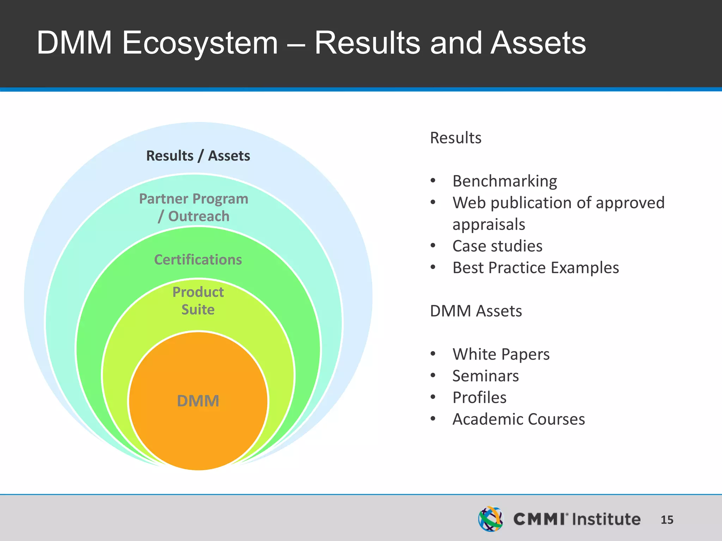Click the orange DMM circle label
click(198, 401)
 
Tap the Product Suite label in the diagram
click(198, 301)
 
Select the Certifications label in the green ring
click(198, 260)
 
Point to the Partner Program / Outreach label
click(194, 207)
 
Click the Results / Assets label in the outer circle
click(198, 156)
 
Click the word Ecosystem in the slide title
click(200, 43)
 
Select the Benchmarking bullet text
click(504, 181)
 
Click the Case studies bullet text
click(497, 246)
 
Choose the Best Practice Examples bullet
click(536, 268)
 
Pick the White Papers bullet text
click(501, 354)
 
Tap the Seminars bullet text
click(485, 376)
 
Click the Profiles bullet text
click(479, 398)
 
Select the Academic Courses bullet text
click(519, 419)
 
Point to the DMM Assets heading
click(476, 311)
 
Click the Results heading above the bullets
click(455, 138)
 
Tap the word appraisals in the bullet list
click(489, 224)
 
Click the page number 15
click(667, 520)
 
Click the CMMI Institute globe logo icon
click(490, 519)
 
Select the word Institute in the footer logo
click(606, 519)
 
